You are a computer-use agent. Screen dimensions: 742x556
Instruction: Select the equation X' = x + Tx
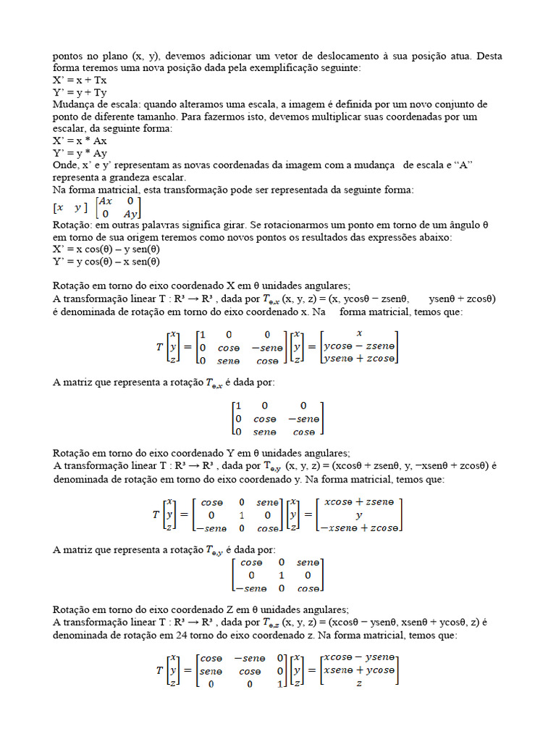coord(80,80)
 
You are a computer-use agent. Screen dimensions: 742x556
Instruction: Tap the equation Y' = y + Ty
coord(80,93)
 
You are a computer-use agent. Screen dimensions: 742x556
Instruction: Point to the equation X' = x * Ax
coord(80,141)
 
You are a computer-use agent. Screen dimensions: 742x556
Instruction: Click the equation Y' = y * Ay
coord(80,153)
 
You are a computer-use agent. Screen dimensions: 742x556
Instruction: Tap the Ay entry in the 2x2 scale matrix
coord(130,214)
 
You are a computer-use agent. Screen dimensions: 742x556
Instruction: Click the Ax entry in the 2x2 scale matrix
coord(106,201)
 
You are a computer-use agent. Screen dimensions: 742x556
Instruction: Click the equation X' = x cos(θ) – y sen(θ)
coord(106,250)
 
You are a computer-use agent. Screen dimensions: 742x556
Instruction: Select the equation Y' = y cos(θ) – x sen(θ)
coord(106,262)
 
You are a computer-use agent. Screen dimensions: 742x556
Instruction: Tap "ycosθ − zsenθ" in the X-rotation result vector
coord(358,346)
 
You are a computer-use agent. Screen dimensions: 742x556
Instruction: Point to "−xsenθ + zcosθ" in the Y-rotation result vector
coord(361,528)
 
